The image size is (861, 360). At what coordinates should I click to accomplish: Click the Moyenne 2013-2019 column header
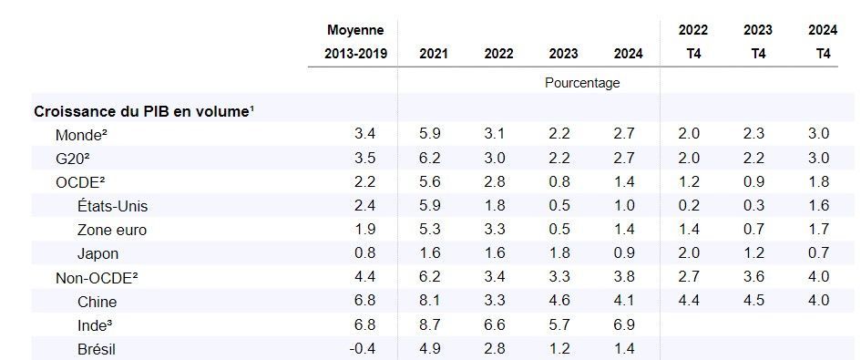pyautogui.click(x=355, y=41)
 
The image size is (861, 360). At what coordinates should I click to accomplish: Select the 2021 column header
pyautogui.click(x=434, y=54)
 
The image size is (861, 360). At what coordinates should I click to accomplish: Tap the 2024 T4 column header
pyautogui.click(x=823, y=41)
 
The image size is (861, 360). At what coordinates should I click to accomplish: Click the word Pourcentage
pyautogui.click(x=582, y=83)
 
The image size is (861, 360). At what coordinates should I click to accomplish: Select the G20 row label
pyautogui.click(x=73, y=159)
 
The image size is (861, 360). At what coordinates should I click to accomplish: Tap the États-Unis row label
pyautogui.click(x=113, y=206)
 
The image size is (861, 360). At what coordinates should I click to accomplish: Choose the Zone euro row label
pyautogui.click(x=112, y=230)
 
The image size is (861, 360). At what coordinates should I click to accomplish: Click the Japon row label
pyautogui.click(x=97, y=254)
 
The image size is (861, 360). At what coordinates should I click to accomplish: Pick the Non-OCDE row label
pyautogui.click(x=97, y=278)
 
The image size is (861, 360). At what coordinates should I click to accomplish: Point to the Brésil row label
pyautogui.click(x=97, y=349)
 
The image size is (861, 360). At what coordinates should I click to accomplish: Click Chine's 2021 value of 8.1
pyautogui.click(x=429, y=301)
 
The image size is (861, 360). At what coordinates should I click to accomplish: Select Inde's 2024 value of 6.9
pyautogui.click(x=624, y=324)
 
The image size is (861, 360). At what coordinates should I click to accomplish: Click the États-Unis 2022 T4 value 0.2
pyautogui.click(x=689, y=206)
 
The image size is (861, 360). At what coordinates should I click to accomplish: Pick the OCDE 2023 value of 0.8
pyautogui.click(x=559, y=182)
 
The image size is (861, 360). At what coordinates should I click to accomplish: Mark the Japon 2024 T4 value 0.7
pyautogui.click(x=818, y=253)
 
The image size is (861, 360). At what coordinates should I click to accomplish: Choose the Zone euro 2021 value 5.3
pyautogui.click(x=429, y=229)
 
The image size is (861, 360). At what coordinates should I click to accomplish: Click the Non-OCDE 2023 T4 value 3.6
pyautogui.click(x=753, y=277)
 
